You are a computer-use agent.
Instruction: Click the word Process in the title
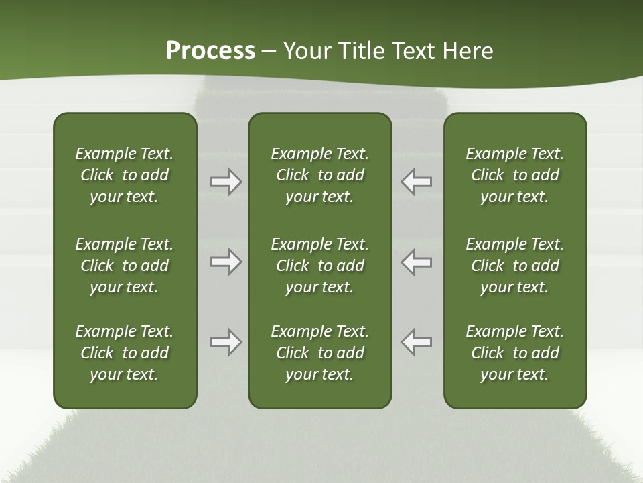click(210, 51)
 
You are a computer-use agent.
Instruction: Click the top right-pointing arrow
click(226, 182)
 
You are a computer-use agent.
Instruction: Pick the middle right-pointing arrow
click(226, 262)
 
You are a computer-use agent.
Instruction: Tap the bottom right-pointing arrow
click(226, 342)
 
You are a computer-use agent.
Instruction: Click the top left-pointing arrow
click(416, 182)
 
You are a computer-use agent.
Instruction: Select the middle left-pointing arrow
click(416, 262)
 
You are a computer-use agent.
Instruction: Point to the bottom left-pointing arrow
click(416, 342)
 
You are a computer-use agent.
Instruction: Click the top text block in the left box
click(125, 175)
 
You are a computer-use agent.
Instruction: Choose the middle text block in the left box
click(125, 266)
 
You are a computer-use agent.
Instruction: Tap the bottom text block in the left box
click(125, 353)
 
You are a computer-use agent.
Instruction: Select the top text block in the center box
click(319, 175)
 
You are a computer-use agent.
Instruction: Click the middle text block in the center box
click(319, 266)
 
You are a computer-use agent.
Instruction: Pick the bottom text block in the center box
click(319, 353)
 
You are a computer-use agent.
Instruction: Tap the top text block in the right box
click(514, 175)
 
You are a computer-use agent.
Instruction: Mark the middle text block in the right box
click(514, 266)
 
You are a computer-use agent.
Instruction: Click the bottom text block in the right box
click(514, 353)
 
